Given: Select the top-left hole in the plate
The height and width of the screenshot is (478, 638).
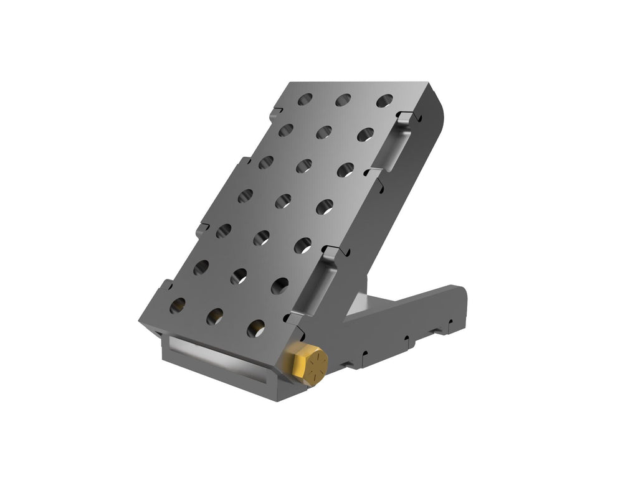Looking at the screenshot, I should pos(305,99).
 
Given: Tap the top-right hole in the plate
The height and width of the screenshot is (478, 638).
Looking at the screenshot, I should pos(384,101).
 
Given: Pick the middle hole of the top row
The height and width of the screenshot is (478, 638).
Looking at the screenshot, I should pos(343,100).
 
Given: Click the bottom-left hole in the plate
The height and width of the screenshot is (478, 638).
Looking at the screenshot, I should pos(178,305).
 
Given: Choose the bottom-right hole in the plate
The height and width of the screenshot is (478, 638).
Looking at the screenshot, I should pos(256,328).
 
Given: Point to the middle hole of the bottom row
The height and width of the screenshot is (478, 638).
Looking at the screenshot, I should pos(216,317).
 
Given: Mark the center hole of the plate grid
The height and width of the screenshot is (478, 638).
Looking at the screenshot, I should pos(283,201).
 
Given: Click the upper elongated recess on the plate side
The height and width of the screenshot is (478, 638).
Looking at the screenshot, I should pos(397,148).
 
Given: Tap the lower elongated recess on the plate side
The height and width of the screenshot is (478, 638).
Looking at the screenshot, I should pos(318,287).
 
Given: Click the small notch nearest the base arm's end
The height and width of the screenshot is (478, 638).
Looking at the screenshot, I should pos(447,325).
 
